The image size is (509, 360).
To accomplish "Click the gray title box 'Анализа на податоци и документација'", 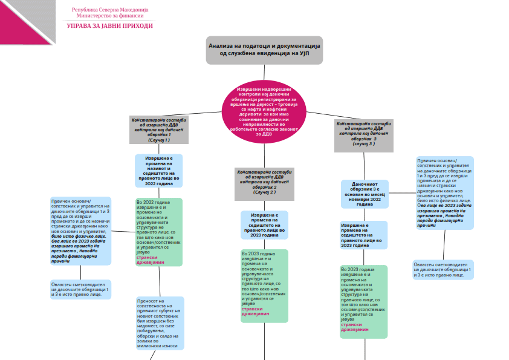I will (x=264, y=50).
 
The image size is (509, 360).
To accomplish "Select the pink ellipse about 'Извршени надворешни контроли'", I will (x=264, y=114).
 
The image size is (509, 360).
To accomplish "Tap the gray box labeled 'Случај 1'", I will (x=159, y=129).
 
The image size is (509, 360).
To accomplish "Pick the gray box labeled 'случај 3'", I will (x=364, y=136).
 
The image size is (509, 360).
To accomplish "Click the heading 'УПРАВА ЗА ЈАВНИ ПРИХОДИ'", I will (x=109, y=26).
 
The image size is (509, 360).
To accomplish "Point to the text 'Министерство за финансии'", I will (x=109, y=16).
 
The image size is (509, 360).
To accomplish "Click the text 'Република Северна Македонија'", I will (x=109, y=10).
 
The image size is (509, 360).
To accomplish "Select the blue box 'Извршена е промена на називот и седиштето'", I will (x=158, y=171).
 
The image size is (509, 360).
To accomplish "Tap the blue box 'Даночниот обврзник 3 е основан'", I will (x=365, y=194).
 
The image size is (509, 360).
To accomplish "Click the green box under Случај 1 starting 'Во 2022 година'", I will (x=158, y=232).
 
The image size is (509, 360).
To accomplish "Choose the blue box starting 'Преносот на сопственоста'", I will (x=160, y=323).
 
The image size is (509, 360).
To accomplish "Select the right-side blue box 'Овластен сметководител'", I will (x=443, y=270).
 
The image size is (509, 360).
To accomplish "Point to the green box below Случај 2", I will (x=264, y=286).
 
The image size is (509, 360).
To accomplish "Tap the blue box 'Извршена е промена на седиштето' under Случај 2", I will (x=264, y=224).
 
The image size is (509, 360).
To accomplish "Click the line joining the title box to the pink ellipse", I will (x=264, y=72).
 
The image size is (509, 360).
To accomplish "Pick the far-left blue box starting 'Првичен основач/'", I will (x=81, y=231).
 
